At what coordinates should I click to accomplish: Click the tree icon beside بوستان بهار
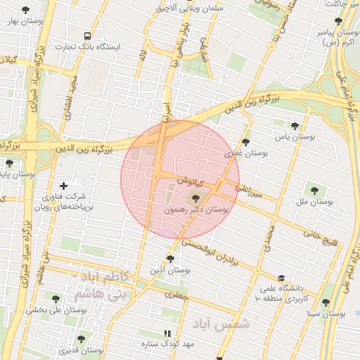[x=26, y=10]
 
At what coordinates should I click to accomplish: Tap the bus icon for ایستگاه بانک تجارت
[x=87, y=35]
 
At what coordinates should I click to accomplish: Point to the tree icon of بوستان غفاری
[x=245, y=142]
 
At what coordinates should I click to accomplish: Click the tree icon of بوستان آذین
[x=169, y=259]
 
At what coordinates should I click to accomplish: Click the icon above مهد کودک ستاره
[x=167, y=333]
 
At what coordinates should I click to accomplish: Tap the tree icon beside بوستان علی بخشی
[x=56, y=299]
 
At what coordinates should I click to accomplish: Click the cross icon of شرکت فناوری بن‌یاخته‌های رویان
[x=64, y=185]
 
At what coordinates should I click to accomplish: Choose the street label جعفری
[x=178, y=296]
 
